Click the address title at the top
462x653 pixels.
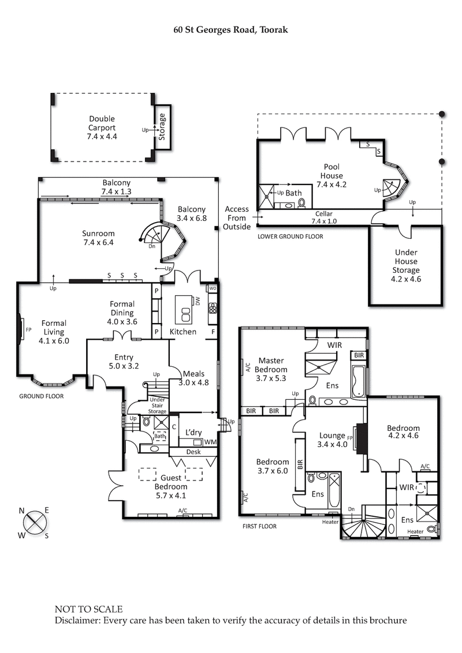(x=231, y=28)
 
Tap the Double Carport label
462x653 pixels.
(x=102, y=128)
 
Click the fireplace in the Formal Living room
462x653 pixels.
(x=21, y=331)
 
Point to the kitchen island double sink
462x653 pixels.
(x=186, y=314)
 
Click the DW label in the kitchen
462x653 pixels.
(x=198, y=301)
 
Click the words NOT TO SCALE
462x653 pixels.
(x=88, y=609)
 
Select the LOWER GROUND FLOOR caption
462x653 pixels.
(x=290, y=237)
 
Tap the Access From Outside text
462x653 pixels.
(x=237, y=218)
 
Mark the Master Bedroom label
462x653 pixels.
(x=273, y=369)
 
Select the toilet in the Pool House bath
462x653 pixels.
(x=301, y=204)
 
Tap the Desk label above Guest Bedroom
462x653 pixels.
(x=194, y=452)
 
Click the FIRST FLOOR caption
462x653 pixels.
(x=260, y=526)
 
